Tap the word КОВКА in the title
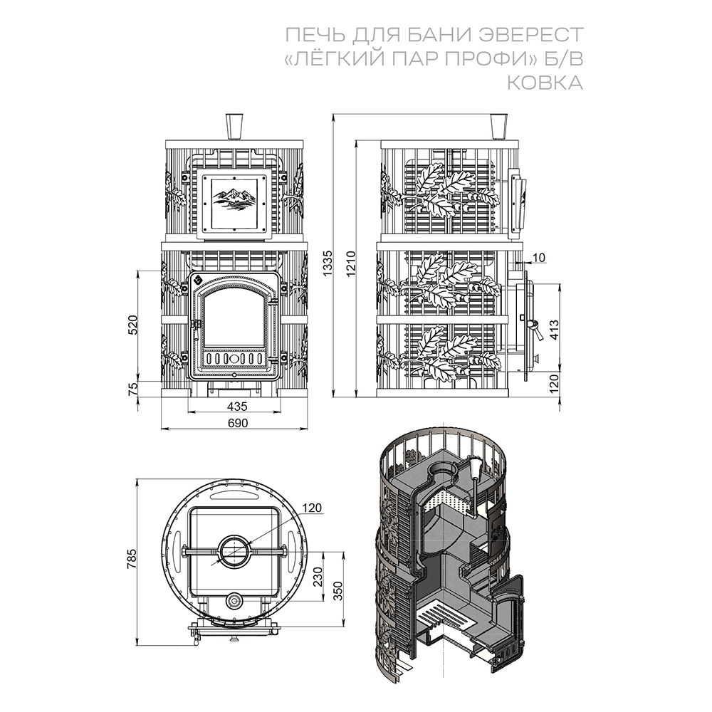point(545,83)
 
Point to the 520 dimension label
point(132,324)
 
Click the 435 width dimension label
point(237,406)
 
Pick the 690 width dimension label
point(238,423)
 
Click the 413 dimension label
point(554,330)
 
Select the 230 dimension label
point(318,577)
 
